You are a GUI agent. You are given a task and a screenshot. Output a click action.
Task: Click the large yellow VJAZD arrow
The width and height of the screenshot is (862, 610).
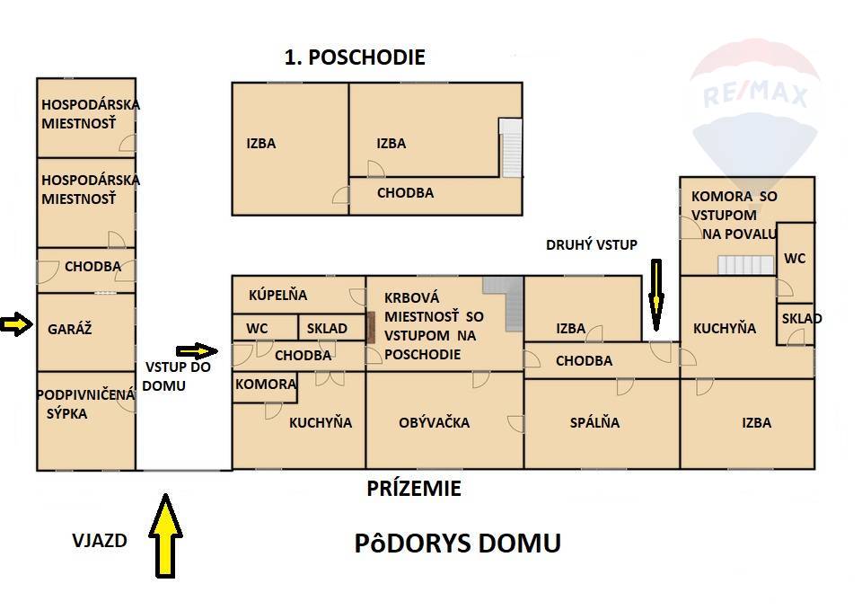[x=165, y=535]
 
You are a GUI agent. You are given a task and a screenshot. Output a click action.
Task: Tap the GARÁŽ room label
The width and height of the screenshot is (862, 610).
[x=69, y=330]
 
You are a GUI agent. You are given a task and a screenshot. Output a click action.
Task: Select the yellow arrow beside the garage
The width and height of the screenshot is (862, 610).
[x=16, y=324]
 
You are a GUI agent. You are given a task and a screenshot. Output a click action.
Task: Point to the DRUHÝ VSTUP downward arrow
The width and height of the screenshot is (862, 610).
[x=655, y=295]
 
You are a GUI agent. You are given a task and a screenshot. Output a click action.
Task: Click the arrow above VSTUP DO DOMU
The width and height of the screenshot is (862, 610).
[x=197, y=351]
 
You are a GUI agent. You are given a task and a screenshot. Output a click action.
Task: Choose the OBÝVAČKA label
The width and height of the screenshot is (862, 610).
[x=435, y=422]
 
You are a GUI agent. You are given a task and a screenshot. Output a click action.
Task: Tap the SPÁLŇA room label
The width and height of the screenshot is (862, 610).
[x=594, y=422]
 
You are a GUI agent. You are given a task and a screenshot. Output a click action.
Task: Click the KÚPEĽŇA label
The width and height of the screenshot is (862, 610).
[x=277, y=296]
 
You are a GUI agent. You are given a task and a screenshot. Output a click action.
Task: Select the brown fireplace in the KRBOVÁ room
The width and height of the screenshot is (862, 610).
[x=371, y=327]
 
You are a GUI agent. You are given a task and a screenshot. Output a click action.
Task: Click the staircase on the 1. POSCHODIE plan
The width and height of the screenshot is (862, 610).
[x=510, y=148]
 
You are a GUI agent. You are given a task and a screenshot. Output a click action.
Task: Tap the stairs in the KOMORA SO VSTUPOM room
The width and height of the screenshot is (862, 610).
[x=746, y=264]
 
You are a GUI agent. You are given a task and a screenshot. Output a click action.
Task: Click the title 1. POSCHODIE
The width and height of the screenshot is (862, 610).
[x=355, y=57]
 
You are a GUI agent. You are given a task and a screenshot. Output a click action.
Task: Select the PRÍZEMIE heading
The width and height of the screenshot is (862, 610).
[x=414, y=489]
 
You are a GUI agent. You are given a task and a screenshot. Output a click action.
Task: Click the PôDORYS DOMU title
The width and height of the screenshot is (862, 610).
[x=457, y=544]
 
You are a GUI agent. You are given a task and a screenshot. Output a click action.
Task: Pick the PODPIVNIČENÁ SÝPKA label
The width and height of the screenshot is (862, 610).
[x=85, y=404]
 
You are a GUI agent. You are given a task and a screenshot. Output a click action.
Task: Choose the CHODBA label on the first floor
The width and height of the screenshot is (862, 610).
[x=405, y=193]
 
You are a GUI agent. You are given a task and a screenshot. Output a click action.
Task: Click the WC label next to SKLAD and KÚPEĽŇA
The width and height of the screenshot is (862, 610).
[x=257, y=329]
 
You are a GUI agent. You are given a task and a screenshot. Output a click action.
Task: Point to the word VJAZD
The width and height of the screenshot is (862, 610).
[x=100, y=541]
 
